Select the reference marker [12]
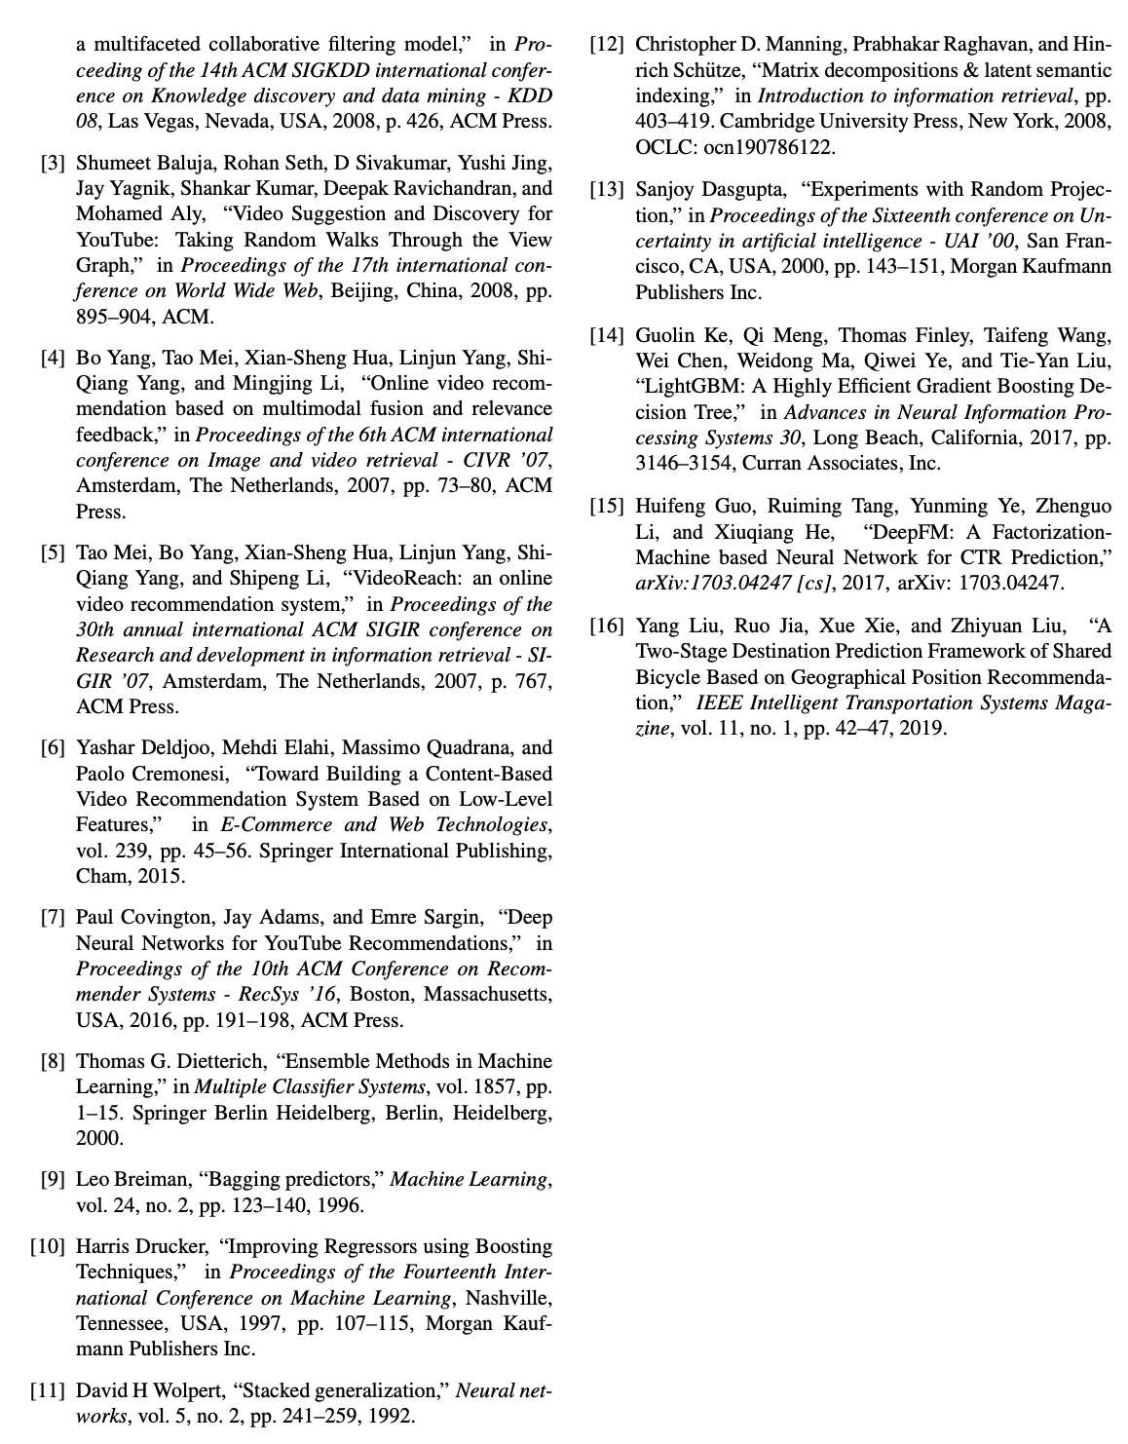click(607, 45)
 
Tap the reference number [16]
click(607, 626)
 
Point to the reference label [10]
click(48, 1246)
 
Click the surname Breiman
click(156, 1179)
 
